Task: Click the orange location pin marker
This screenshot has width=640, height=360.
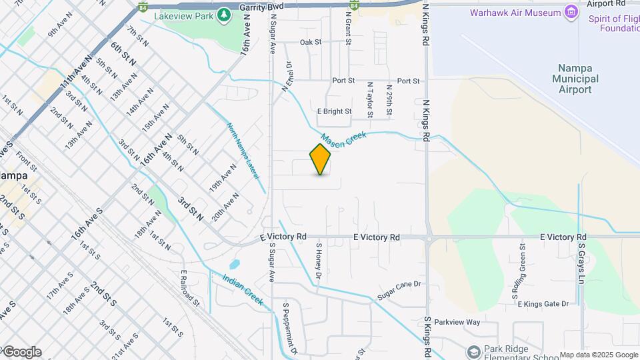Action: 321,159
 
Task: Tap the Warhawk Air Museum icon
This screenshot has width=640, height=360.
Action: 571,12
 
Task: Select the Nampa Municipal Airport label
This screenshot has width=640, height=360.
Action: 575,79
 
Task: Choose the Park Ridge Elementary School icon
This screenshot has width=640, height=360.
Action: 474,351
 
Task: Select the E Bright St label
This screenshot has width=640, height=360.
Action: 333,111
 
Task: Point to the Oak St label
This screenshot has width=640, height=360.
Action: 311,42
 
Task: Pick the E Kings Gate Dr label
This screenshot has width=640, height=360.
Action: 543,304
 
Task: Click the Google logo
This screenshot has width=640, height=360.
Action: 21,352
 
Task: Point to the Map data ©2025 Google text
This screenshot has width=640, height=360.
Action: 598,355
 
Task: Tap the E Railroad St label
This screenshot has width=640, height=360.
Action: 190,288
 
